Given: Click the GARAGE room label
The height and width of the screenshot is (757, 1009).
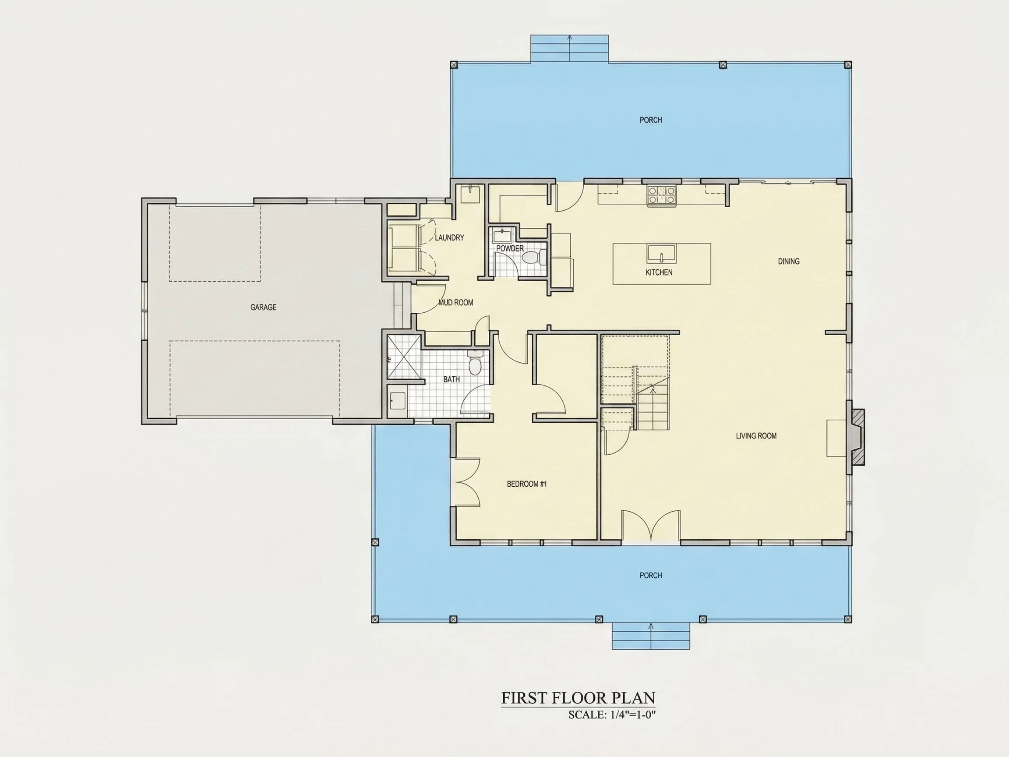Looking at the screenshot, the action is click(263, 308).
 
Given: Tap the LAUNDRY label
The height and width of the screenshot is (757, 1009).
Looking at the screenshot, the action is click(449, 238).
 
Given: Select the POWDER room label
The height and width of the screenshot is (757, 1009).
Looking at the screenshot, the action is click(510, 249).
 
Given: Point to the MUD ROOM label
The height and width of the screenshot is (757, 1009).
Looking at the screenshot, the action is click(456, 303).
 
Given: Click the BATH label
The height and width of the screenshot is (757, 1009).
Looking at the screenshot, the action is click(452, 379).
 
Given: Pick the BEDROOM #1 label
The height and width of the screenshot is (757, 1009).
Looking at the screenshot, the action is click(527, 484).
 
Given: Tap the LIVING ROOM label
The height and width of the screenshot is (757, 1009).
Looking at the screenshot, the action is click(756, 436).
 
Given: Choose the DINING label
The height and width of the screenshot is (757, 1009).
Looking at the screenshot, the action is click(789, 262).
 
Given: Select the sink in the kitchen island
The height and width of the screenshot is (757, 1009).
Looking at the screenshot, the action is click(661, 253).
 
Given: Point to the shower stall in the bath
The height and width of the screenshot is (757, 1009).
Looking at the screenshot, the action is click(404, 357).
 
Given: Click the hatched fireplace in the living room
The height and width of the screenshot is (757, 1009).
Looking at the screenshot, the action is click(856, 437).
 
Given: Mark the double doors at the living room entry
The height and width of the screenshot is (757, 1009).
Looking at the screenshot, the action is click(651, 526).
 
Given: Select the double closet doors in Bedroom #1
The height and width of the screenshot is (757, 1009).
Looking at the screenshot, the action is click(466, 482).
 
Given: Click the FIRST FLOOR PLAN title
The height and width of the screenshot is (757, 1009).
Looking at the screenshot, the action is click(579, 698).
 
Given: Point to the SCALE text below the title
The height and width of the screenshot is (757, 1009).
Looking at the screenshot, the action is click(612, 715).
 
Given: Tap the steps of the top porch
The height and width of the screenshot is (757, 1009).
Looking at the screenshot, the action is click(569, 49).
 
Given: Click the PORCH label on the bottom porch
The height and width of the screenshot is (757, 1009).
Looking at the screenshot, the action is click(650, 575).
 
